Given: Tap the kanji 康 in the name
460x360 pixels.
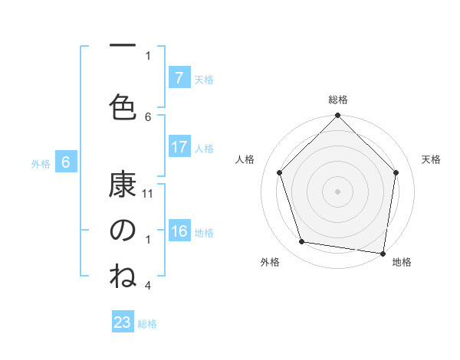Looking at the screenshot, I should (x=123, y=185).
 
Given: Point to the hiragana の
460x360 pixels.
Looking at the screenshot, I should (x=123, y=230).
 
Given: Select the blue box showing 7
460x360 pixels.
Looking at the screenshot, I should (x=179, y=78).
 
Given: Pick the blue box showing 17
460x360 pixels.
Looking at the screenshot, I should (x=179, y=148).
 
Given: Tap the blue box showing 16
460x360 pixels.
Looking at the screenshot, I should (x=179, y=232).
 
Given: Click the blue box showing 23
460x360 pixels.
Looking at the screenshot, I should (x=123, y=322).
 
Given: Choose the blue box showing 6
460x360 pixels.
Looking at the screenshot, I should (x=66, y=162).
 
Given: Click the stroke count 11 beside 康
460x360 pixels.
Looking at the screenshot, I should (x=149, y=193).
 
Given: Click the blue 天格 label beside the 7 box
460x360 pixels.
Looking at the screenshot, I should (x=204, y=79).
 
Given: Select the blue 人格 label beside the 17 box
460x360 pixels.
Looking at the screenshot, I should (x=204, y=149).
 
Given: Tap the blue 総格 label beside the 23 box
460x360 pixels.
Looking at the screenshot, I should (x=147, y=324).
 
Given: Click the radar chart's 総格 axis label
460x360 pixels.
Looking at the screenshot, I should (x=338, y=100).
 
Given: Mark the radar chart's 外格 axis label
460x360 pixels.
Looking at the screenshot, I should (x=270, y=262).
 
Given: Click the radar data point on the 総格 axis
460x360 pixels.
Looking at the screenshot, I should (x=337, y=116).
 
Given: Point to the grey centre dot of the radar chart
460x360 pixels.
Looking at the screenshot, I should (x=337, y=191).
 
